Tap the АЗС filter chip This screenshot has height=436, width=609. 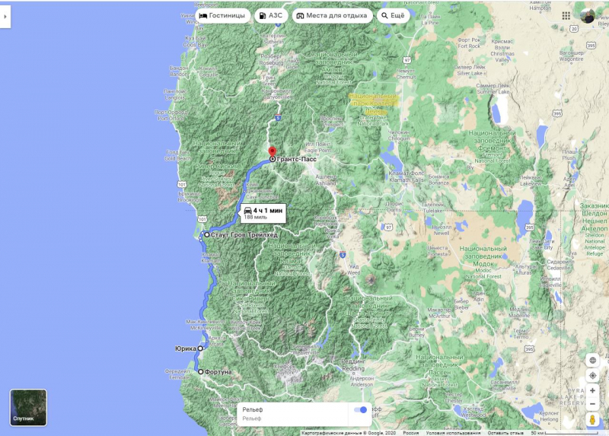(x=270, y=15)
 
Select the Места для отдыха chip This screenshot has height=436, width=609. (x=331, y=15)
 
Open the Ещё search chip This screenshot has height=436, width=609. (x=394, y=15)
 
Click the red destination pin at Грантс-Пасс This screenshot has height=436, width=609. (x=273, y=151)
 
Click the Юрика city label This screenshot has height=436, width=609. (x=185, y=348)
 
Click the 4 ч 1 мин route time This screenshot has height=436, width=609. (x=267, y=209)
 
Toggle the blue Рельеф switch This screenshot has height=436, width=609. (x=360, y=410)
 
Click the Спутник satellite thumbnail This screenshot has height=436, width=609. (x=28, y=408)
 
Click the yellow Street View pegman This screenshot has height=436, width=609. (x=592, y=419)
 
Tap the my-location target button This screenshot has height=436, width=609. (x=592, y=376)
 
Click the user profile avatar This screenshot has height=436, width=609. (x=587, y=15)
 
